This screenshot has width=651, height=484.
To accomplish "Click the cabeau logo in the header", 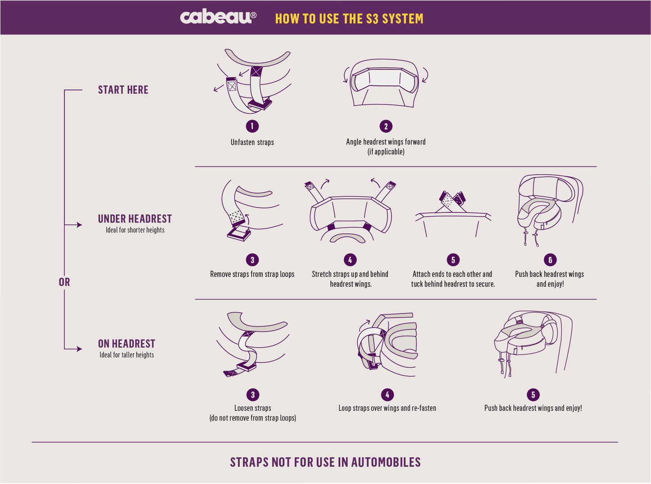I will pos(218,17).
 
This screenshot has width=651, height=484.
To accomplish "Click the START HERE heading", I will pos(123,90).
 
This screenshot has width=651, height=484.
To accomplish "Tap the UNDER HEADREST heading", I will pos(135,219).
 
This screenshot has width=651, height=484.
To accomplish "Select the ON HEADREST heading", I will pos(127,344).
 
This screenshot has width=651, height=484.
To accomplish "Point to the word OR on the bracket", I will pos(64,282).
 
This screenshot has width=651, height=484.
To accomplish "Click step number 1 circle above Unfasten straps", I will pos(252,126).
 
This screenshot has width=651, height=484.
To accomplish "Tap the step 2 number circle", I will pos(386,126).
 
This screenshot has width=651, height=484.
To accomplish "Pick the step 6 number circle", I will pos(550,260).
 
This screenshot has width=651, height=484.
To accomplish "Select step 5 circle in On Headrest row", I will pos(533,395).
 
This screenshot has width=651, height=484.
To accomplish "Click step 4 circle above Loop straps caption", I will pos(387,395).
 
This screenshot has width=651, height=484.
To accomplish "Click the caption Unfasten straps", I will pos(252,142).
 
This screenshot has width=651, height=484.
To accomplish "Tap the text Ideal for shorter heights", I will pos(135,230).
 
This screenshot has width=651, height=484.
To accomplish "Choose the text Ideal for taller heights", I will pos(127,355).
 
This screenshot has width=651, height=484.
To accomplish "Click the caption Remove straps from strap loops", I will pos(252,274).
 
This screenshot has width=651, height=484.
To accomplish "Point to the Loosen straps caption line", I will pos(252,408).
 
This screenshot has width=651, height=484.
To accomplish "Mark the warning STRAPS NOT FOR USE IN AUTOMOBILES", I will pos(325,462).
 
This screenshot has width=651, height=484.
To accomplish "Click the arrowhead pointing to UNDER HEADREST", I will pos(79,225).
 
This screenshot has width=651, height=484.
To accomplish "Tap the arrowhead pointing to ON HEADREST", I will pos(79,349).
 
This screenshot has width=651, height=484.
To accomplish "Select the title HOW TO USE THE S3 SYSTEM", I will pos(349,18).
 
